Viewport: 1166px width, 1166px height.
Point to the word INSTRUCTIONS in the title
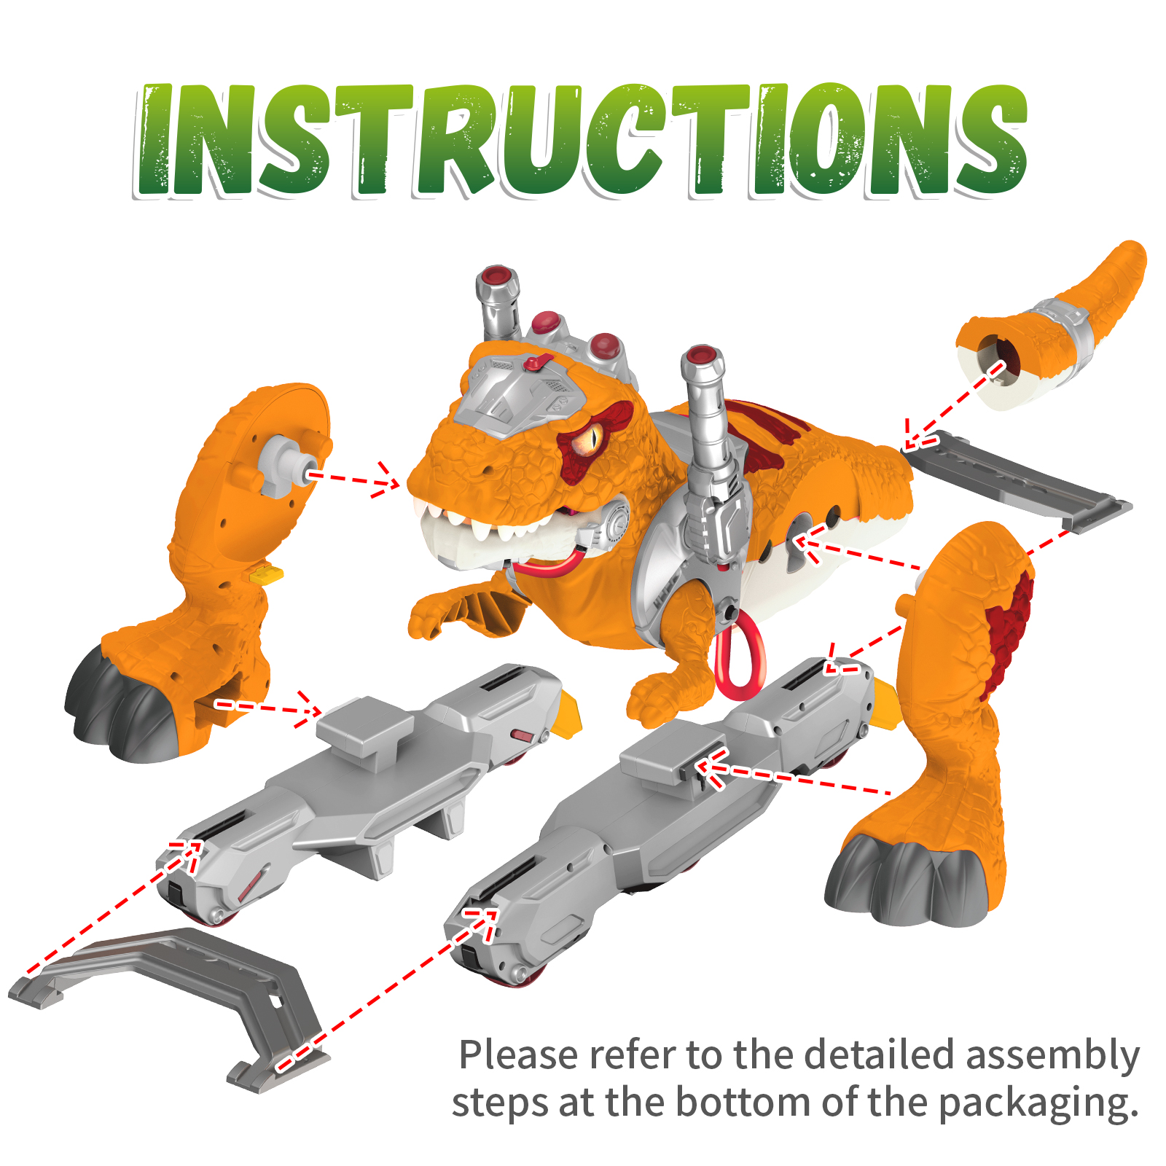click(x=582, y=140)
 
